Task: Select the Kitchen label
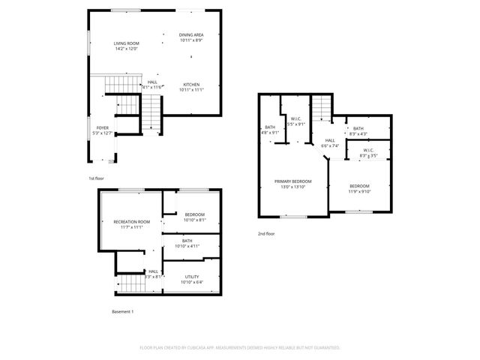[191, 87]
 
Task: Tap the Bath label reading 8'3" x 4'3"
[358, 130]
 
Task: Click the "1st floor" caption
[96, 178]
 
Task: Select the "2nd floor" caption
[266, 234]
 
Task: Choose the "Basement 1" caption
[122, 310]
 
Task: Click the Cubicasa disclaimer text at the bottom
[240, 348]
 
